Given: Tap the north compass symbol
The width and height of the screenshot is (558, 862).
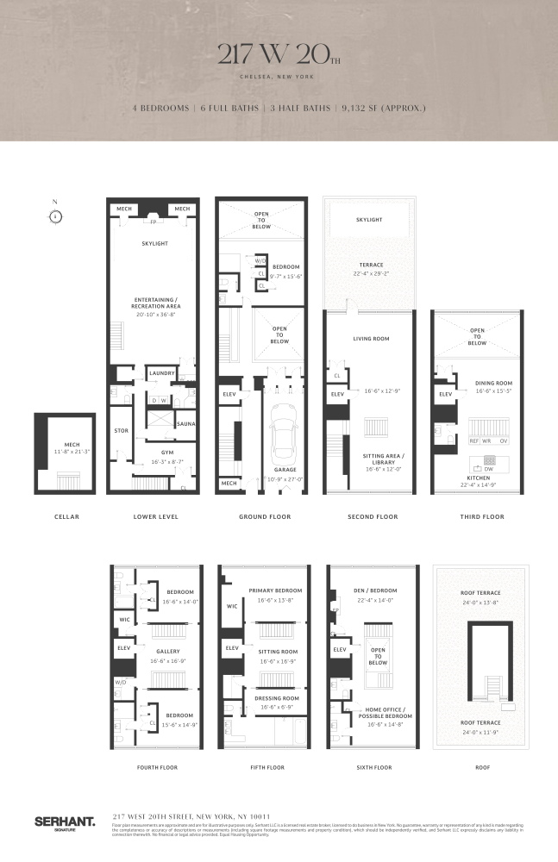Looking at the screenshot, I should tap(54, 215).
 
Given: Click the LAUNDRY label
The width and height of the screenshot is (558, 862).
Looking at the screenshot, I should tap(162, 373).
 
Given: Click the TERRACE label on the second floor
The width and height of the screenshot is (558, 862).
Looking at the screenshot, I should tap(373, 265).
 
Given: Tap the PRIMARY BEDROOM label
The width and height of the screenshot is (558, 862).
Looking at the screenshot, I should tap(272, 590).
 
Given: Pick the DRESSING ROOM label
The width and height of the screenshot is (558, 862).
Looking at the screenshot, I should tap(272, 697).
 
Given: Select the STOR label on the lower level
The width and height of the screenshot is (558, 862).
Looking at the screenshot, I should tap(122, 429).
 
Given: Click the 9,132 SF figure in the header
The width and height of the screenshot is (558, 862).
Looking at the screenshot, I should tap(380, 109).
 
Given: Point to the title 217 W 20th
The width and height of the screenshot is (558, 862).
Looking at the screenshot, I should tap(278, 57).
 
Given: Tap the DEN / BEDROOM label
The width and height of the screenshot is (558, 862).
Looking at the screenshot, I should tap(373, 590).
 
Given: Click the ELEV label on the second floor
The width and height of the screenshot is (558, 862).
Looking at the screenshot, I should tap(338, 396).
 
